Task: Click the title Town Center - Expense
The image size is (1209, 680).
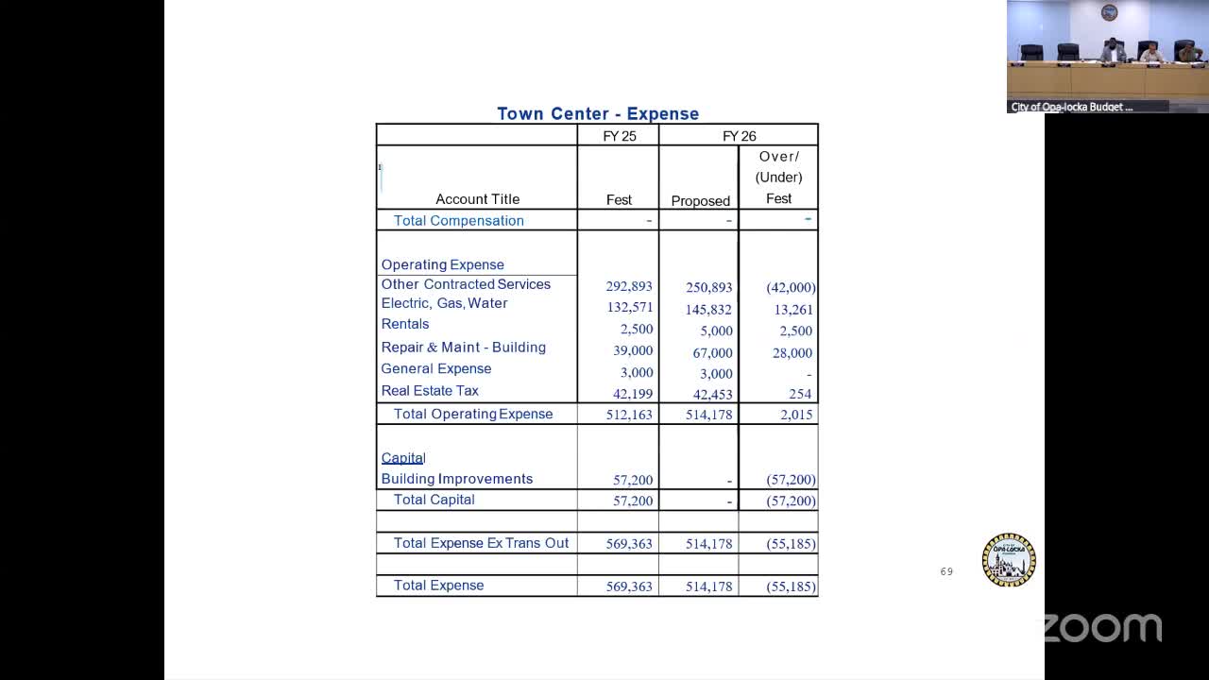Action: pyautogui.click(x=598, y=113)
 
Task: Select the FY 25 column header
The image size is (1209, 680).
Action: pyautogui.click(x=620, y=136)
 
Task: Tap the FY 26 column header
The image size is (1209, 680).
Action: pyautogui.click(x=740, y=136)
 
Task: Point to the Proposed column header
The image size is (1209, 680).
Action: pyautogui.click(x=700, y=200)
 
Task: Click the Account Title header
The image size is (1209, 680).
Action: pyautogui.click(x=477, y=199)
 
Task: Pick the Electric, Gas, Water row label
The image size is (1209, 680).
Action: pyautogui.click(x=444, y=303)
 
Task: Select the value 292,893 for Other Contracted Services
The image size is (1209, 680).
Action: pyautogui.click(x=629, y=286)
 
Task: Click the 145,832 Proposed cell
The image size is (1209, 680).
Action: pyautogui.click(x=708, y=310)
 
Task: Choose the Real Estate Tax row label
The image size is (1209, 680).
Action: pyautogui.click(x=430, y=390)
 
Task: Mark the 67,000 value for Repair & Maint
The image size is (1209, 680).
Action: pyautogui.click(x=712, y=353)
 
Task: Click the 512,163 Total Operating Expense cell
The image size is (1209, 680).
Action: pyautogui.click(x=629, y=415)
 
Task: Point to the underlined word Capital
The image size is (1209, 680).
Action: pyautogui.click(x=403, y=458)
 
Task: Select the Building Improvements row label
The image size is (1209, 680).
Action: pyautogui.click(x=457, y=479)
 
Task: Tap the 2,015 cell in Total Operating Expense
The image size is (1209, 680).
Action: pyautogui.click(x=796, y=415)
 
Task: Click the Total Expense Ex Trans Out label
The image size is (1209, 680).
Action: pyautogui.click(x=481, y=543)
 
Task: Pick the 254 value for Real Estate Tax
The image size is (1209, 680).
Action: pyautogui.click(x=799, y=394)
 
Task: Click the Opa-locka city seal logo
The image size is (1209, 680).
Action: pyautogui.click(x=1009, y=560)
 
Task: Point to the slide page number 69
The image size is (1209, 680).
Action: pyautogui.click(x=946, y=571)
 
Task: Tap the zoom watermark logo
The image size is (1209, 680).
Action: pyautogui.click(x=1101, y=628)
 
